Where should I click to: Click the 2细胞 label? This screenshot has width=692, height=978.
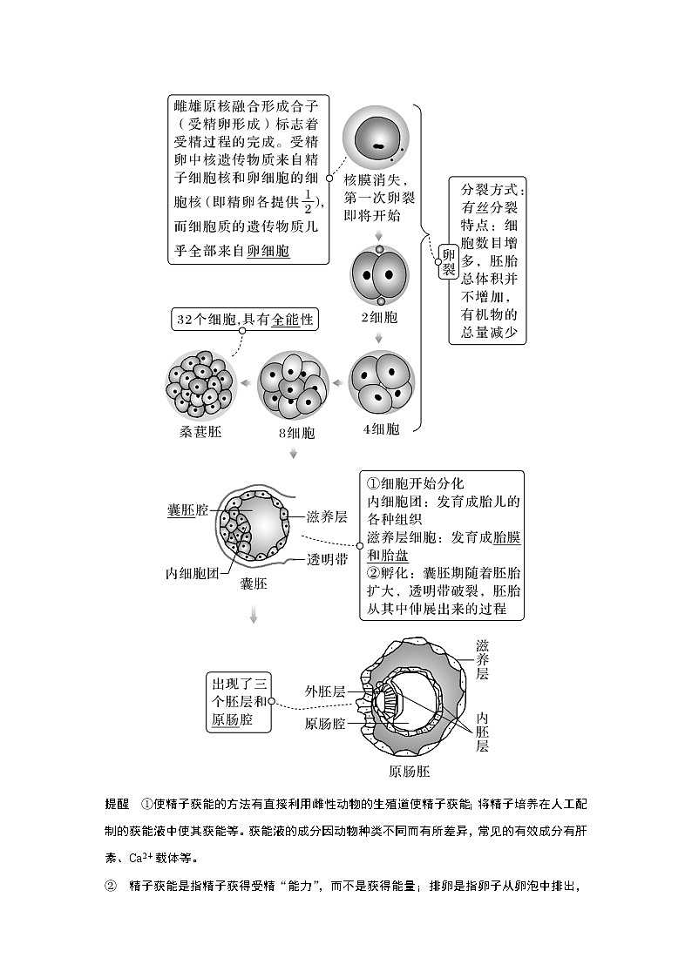coord(379,317)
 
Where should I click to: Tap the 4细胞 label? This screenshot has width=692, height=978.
coord(381,428)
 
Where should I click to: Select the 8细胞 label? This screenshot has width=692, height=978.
coord(294,433)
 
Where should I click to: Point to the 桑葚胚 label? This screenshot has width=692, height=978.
coord(199,430)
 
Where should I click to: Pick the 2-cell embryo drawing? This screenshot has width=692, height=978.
coord(379,276)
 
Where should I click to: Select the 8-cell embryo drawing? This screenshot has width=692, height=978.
coord(293,384)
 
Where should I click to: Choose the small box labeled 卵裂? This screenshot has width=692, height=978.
coord(448,260)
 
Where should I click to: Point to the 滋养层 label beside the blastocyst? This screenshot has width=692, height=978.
coord(327,516)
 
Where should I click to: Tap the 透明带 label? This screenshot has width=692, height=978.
coord(327,560)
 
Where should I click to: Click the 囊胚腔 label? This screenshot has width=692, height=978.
coord(188,509)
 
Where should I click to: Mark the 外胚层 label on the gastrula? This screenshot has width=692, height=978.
coord(324,691)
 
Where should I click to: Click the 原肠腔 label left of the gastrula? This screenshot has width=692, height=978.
coord(324,724)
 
